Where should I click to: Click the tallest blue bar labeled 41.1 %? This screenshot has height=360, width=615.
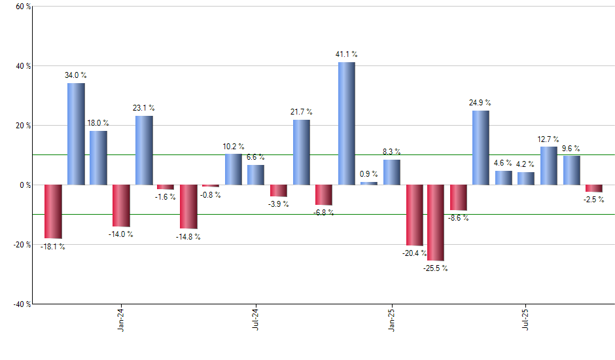pos(346,123)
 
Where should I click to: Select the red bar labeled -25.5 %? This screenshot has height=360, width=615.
pos(436,223)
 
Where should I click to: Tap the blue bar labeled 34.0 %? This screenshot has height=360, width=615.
pos(76,134)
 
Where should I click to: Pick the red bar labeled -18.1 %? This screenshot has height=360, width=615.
pos(53,211)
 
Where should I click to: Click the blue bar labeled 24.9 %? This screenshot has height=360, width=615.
pos(480,147)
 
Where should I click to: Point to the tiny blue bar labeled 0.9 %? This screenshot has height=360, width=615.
pos(369,183)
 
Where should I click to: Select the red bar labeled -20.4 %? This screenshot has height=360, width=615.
pos(414,215)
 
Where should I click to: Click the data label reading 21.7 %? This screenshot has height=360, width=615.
pos(302,112)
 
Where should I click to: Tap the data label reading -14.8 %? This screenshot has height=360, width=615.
pos(188,237)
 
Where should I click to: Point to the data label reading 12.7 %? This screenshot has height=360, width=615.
pos(549,139)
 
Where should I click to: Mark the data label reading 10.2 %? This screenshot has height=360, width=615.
pos(233,147)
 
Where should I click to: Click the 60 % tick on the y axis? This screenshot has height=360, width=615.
pos(22,7)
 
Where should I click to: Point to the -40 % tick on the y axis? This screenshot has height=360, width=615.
pos(21,304)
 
